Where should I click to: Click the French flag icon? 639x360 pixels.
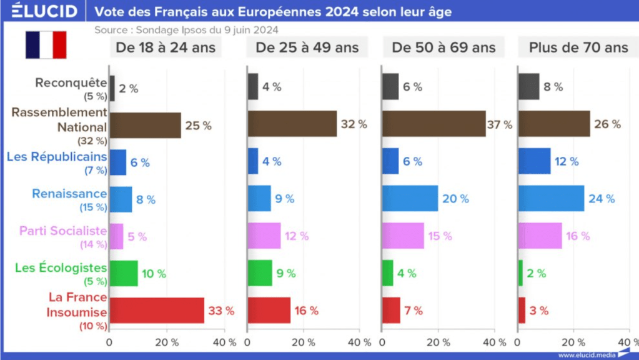[46, 45]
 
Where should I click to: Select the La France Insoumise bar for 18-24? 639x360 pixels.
[157, 310]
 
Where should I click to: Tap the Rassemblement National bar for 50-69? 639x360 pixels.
[433, 124]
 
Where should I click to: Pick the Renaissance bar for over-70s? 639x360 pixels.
[551, 199]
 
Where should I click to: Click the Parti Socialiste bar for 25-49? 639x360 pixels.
[264, 236]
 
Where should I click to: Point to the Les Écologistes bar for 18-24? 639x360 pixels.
[124, 273]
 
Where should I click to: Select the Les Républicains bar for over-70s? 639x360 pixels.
[535, 161]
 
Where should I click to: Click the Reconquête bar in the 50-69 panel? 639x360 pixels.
[390, 87]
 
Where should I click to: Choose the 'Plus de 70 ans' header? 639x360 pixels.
[578, 47]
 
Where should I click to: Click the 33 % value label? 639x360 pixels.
[222, 311]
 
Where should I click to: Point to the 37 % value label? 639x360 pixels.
[500, 124]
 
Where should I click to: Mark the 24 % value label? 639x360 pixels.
[602, 199]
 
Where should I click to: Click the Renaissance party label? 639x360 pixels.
[69, 194]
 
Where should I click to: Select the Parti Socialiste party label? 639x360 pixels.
[63, 231]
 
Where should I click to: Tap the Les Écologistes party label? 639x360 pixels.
[61, 269]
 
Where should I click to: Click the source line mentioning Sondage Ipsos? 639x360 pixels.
[186, 29]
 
